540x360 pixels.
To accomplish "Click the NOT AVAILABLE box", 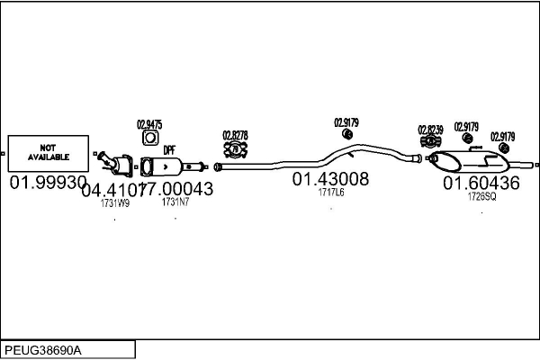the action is click(x=49, y=152).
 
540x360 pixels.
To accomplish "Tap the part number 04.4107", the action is click(x=112, y=190).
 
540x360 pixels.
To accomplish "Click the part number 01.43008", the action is click(x=330, y=179).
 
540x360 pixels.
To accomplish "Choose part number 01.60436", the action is click(x=481, y=184).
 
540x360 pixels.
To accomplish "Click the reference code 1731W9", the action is click(x=114, y=203).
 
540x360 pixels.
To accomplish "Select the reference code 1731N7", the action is click(x=175, y=202).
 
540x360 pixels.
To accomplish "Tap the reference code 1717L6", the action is click(x=331, y=192).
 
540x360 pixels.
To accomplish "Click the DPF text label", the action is click(x=168, y=151).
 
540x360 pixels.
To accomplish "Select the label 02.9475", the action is click(x=149, y=124).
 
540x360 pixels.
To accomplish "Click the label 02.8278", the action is click(x=235, y=135).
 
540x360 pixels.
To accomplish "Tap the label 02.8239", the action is click(x=430, y=130).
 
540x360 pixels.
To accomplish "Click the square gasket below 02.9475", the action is click(x=149, y=139).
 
